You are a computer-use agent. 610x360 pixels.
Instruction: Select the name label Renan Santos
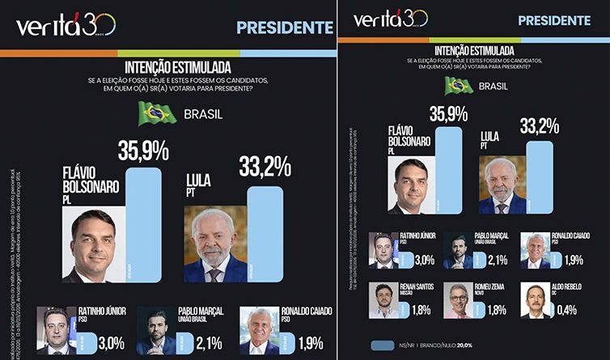(415, 286)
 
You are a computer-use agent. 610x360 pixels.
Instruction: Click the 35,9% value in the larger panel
(143, 151)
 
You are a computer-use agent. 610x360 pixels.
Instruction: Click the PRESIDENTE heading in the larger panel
(285, 28)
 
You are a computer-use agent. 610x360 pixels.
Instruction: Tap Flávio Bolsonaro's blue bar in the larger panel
(142, 222)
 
